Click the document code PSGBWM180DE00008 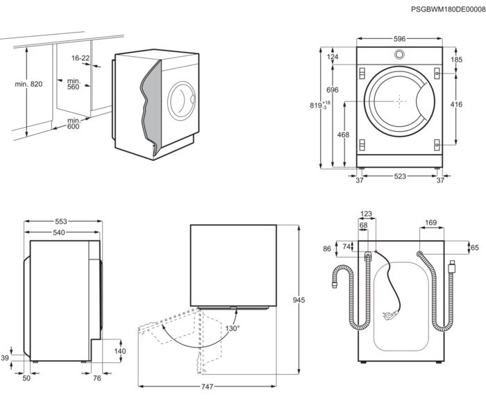coord(445,9)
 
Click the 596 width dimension coord(400,40)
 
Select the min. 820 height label coord(28,84)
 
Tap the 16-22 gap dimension coord(81,58)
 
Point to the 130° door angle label coord(231,329)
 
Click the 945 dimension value coord(299,300)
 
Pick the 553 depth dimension coord(62,222)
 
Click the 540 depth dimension coord(62,232)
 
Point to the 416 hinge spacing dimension coord(456,105)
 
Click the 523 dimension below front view coord(400,177)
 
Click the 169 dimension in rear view coord(430,223)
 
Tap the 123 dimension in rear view coord(367,214)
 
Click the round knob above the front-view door coord(400,55)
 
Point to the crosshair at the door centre coord(400,100)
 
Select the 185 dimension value coord(455,60)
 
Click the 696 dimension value coord(333,91)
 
